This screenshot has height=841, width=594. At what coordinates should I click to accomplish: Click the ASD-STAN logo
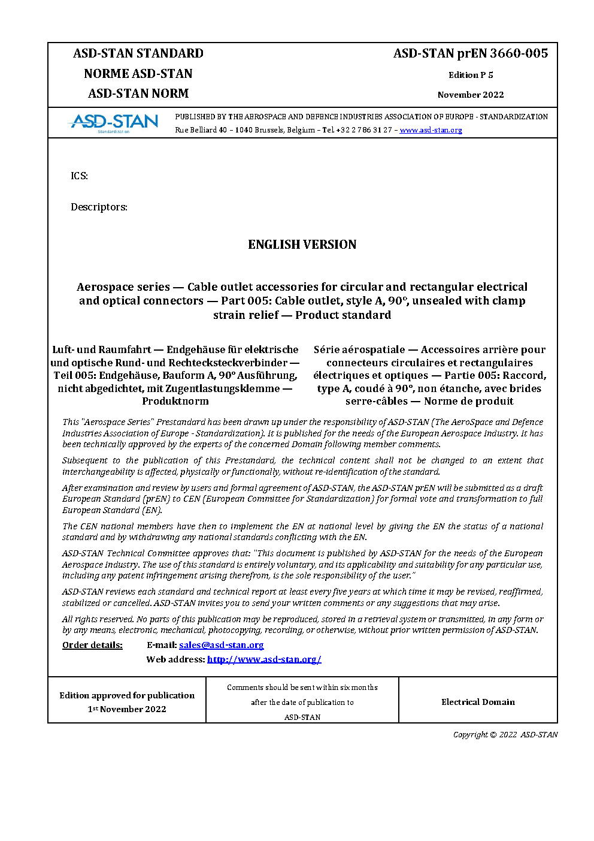click(114, 122)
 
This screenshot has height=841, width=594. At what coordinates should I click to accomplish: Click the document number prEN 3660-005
click(470, 53)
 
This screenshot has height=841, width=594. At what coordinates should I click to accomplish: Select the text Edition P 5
click(471, 75)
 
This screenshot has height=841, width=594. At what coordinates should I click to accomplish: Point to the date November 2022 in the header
click(471, 95)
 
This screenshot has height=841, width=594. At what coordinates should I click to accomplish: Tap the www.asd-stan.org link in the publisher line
click(431, 130)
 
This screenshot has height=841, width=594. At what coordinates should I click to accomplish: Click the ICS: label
click(79, 176)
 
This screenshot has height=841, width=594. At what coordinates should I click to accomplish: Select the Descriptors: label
click(99, 207)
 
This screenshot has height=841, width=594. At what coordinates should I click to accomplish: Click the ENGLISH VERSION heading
click(302, 245)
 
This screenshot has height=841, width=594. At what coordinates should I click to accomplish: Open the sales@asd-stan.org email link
click(221, 645)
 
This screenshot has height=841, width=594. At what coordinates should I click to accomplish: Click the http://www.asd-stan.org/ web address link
click(264, 659)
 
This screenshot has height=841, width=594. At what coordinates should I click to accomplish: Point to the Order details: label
click(92, 645)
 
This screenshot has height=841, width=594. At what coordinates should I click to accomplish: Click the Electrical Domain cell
click(478, 702)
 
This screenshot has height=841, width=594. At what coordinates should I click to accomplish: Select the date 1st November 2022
click(127, 709)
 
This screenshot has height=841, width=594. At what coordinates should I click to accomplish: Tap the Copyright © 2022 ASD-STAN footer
click(505, 734)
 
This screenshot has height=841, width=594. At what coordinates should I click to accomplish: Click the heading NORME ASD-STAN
click(138, 74)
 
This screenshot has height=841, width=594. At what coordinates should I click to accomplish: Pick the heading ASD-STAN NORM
click(138, 94)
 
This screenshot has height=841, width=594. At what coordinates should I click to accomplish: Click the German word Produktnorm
click(175, 401)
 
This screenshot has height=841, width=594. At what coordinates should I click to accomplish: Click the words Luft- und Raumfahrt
click(101, 349)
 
